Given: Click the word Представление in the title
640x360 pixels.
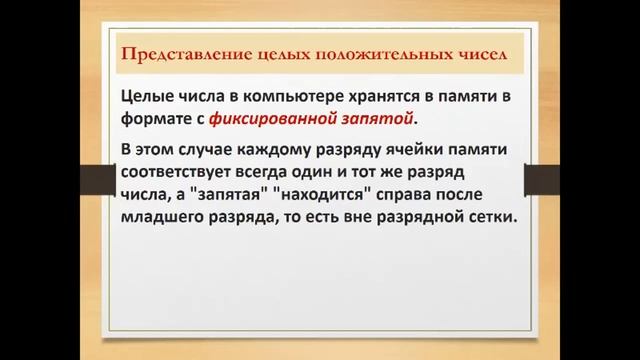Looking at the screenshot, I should (x=173, y=53).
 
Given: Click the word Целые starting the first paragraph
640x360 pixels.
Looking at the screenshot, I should (x=144, y=95).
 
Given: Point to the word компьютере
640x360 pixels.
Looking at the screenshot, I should (x=283, y=95).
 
